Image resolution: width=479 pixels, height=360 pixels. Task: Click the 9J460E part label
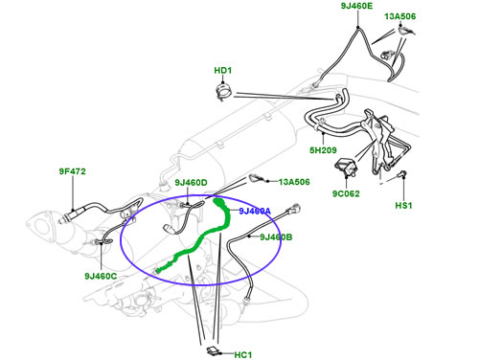356,6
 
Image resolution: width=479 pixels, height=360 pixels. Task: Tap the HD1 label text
223,71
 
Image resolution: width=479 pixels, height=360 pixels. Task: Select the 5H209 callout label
323,150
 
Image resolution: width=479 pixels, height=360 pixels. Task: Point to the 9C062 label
346,193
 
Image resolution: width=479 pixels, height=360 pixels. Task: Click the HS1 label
403,206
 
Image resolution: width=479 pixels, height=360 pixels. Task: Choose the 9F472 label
73,171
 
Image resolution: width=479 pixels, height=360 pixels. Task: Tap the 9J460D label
191,183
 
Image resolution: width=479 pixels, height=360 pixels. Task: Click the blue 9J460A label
255,211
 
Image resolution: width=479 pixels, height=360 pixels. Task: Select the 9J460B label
276,237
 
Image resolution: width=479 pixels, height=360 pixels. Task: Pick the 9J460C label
101,276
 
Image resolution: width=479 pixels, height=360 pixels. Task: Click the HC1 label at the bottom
243,355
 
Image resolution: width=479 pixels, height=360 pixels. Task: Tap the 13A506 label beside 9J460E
400,16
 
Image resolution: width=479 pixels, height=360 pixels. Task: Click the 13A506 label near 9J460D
294,182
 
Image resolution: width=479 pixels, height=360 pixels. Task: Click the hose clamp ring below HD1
224,92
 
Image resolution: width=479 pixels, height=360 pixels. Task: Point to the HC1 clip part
214,350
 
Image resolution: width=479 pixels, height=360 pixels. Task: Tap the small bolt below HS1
402,175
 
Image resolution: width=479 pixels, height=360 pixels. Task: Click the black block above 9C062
346,167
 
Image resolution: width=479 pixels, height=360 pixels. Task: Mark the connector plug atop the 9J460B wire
294,209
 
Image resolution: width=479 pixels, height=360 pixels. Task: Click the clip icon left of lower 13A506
256,178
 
